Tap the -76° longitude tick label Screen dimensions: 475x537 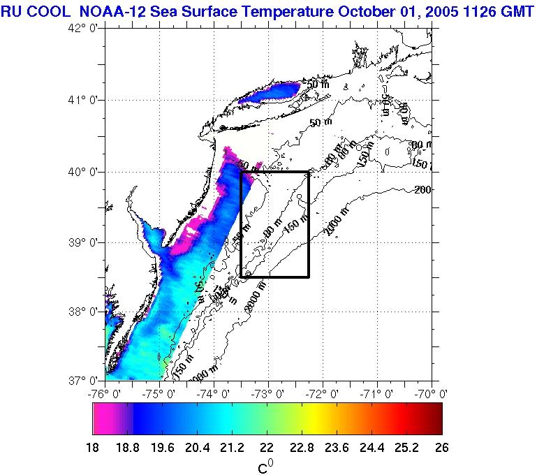tap(105, 393)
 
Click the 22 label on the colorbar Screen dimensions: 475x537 tap(267, 448)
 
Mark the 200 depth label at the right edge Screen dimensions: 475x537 tap(423, 189)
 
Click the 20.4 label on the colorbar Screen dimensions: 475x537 tap(197, 448)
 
